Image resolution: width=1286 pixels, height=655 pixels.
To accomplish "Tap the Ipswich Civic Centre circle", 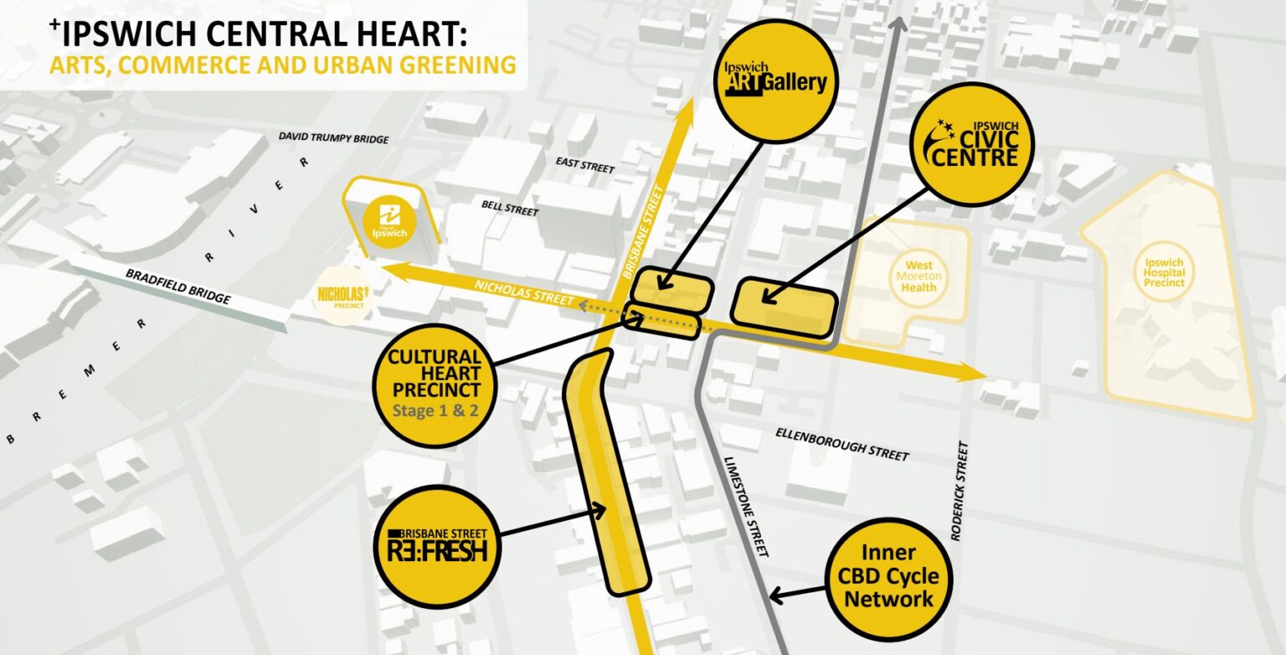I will [x=971, y=145].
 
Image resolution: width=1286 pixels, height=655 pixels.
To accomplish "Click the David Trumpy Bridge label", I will [x=333, y=137].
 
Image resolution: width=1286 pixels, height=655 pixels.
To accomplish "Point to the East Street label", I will [x=585, y=167].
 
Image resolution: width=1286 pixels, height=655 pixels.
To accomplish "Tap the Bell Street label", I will [x=509, y=208].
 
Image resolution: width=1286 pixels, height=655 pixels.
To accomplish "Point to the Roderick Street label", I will [x=959, y=491].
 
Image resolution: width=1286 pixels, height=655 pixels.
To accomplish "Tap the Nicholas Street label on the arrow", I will [x=524, y=292].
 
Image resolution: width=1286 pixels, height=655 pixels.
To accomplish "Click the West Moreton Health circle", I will [x=918, y=276].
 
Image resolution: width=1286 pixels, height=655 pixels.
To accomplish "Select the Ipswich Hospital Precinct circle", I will [x=1165, y=271].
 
